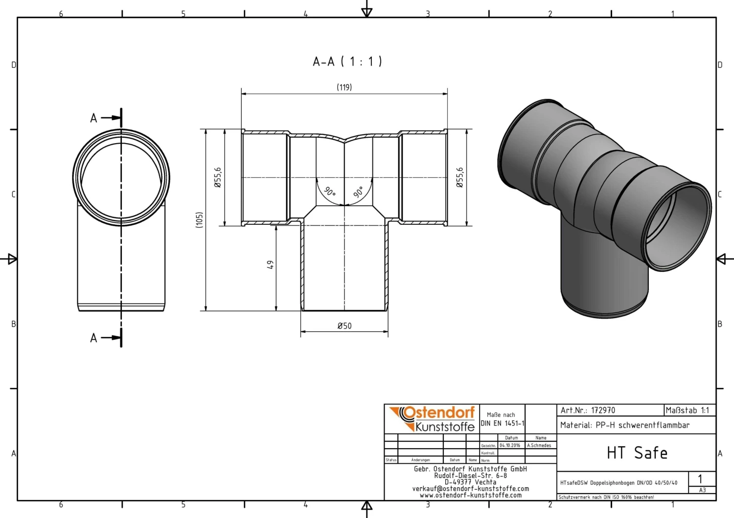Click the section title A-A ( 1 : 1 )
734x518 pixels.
tap(347, 62)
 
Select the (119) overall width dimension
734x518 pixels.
tap(344, 87)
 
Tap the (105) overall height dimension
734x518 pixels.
tap(199, 219)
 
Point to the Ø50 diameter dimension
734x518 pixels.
tap(344, 326)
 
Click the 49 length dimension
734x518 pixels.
tap(270, 264)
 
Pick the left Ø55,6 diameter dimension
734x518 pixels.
tap(218, 177)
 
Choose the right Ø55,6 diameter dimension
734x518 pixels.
tap(459, 177)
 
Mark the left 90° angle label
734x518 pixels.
tap(330, 191)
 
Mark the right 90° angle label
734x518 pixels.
tap(359, 192)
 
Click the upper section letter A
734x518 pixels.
tap(93, 118)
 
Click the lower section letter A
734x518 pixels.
tap(93, 338)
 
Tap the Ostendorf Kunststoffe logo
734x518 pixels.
tap(433, 419)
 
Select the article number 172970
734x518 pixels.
tap(603, 410)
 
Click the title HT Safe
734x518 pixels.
tap(637, 453)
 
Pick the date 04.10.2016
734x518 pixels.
tap(510, 446)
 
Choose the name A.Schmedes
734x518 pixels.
tap(539, 446)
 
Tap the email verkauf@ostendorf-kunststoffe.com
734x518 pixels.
tap(470, 489)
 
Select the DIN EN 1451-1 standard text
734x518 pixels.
tap(502, 423)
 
